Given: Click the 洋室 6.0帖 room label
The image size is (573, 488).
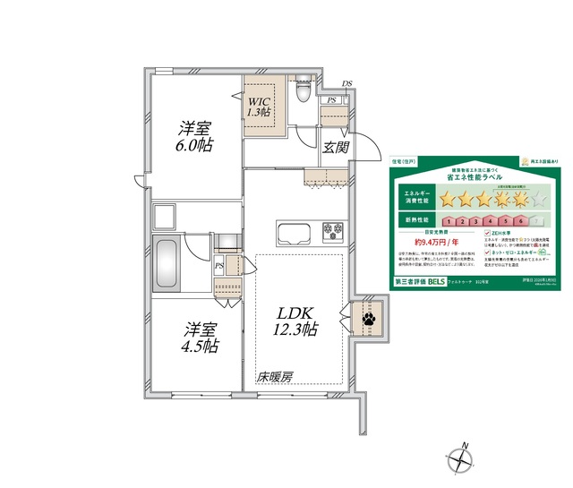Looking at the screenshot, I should [x=195, y=137].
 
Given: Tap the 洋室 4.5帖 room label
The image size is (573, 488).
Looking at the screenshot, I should [x=198, y=336].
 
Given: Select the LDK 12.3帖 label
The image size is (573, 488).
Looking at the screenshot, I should [x=295, y=321].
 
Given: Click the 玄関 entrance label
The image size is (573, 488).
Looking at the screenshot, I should [x=335, y=147].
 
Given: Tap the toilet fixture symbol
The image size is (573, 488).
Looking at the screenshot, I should [x=302, y=90].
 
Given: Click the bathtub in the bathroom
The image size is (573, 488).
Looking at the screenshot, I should [x=167, y=263].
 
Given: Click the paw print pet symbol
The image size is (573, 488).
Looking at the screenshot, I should [x=367, y=317].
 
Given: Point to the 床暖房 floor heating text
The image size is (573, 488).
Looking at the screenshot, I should [x=276, y=377].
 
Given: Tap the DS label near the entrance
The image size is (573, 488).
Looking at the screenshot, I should [x=347, y=85].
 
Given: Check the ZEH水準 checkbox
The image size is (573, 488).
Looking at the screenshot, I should [x=487, y=231].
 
